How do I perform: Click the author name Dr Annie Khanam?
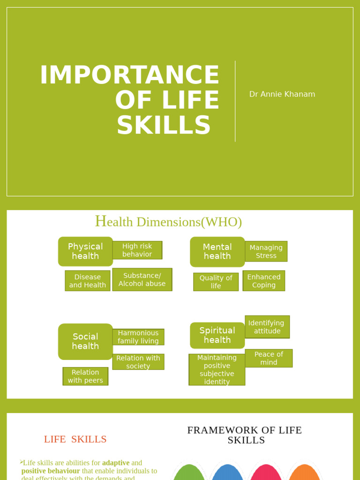pos(282,94)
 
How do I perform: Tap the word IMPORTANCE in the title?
pos(130,75)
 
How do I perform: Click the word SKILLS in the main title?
pos(164,126)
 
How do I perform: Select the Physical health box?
pos(85,251)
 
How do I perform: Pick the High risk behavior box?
pos(137,250)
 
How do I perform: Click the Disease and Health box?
pos(88,281)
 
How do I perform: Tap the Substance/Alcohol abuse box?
pos(142,279)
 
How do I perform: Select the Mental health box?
pos(217,252)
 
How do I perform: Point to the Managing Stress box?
pos(266,251)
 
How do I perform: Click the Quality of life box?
pos(216,282)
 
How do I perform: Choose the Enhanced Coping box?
pos(264,281)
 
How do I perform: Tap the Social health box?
pos(85,341)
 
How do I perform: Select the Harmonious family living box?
pos(138,337)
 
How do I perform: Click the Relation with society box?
pos(138,362)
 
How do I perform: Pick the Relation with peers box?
pos(85,376)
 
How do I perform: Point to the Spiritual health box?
pos(217,335)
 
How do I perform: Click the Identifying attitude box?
pos(267,327)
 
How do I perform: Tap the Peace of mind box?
pos(269,358)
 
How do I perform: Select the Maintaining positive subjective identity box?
pos(217,370)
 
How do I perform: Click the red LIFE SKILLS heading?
pos(75,439)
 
